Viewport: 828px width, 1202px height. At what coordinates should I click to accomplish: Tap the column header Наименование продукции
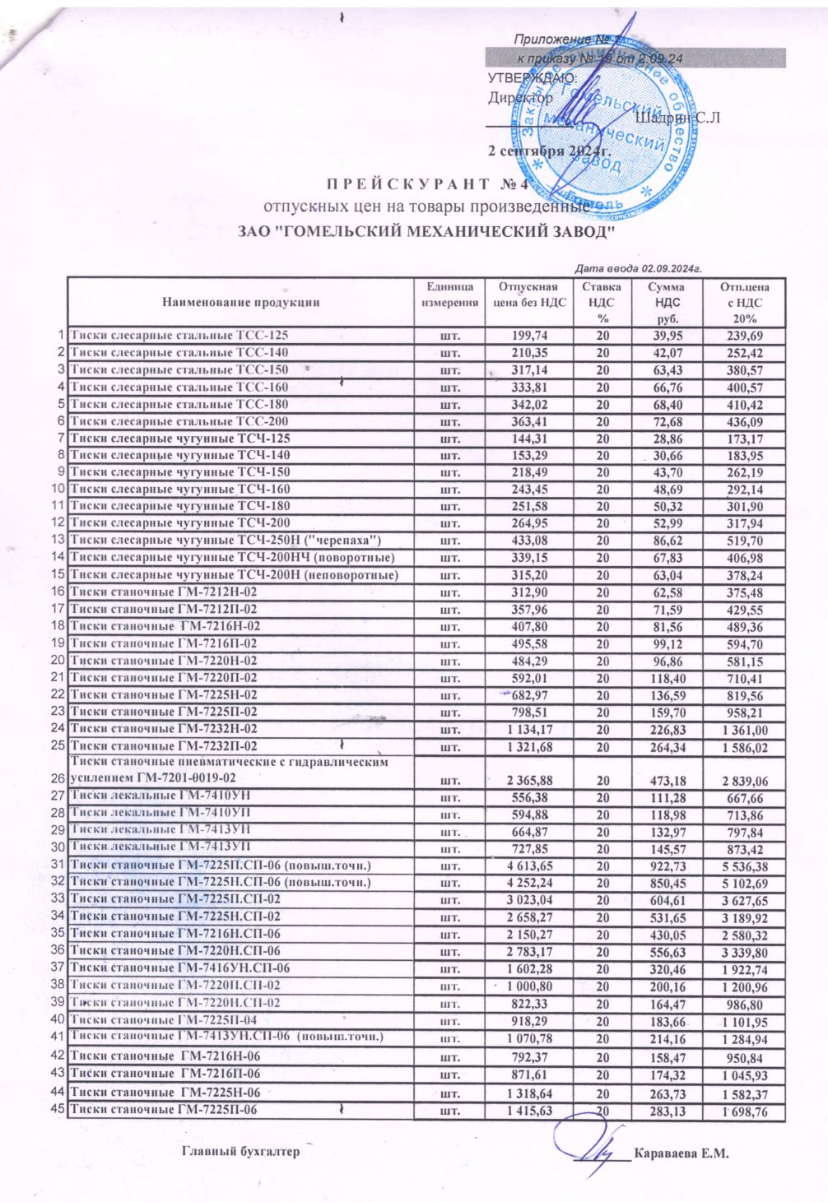[x=240, y=302]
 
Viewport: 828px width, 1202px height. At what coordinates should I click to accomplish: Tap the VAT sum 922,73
[x=665, y=866]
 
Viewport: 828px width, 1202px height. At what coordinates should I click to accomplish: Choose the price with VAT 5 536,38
[x=745, y=866]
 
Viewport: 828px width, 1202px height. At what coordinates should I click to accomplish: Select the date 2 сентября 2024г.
[x=548, y=152]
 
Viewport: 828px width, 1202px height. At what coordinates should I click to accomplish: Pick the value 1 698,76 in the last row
[x=745, y=1112]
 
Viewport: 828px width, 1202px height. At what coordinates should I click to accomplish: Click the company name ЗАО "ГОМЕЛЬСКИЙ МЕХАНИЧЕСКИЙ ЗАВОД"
[x=427, y=232]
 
